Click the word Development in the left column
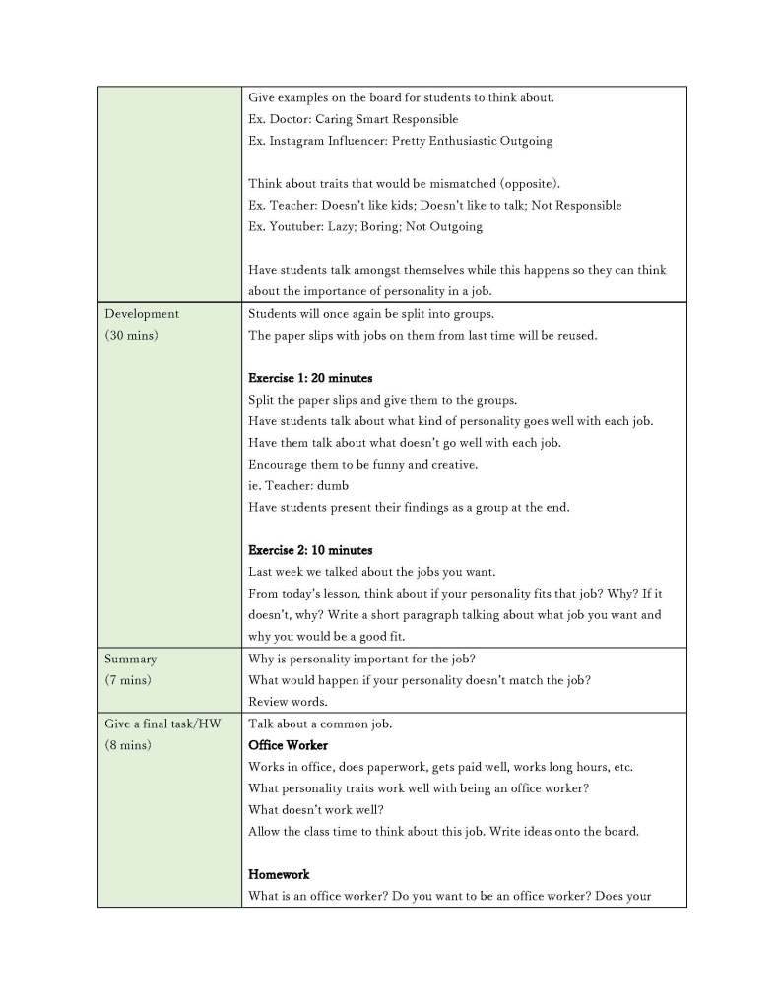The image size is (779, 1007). click(142, 314)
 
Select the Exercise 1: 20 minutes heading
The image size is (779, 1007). click(310, 378)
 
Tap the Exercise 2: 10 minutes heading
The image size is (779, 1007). click(310, 550)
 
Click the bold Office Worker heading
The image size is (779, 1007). click(289, 745)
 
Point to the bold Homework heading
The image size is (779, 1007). click(279, 874)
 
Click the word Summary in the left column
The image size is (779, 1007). click(130, 659)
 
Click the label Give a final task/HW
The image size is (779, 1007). click(162, 724)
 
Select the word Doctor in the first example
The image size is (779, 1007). click(291, 119)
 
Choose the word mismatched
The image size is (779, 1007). click(449, 184)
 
